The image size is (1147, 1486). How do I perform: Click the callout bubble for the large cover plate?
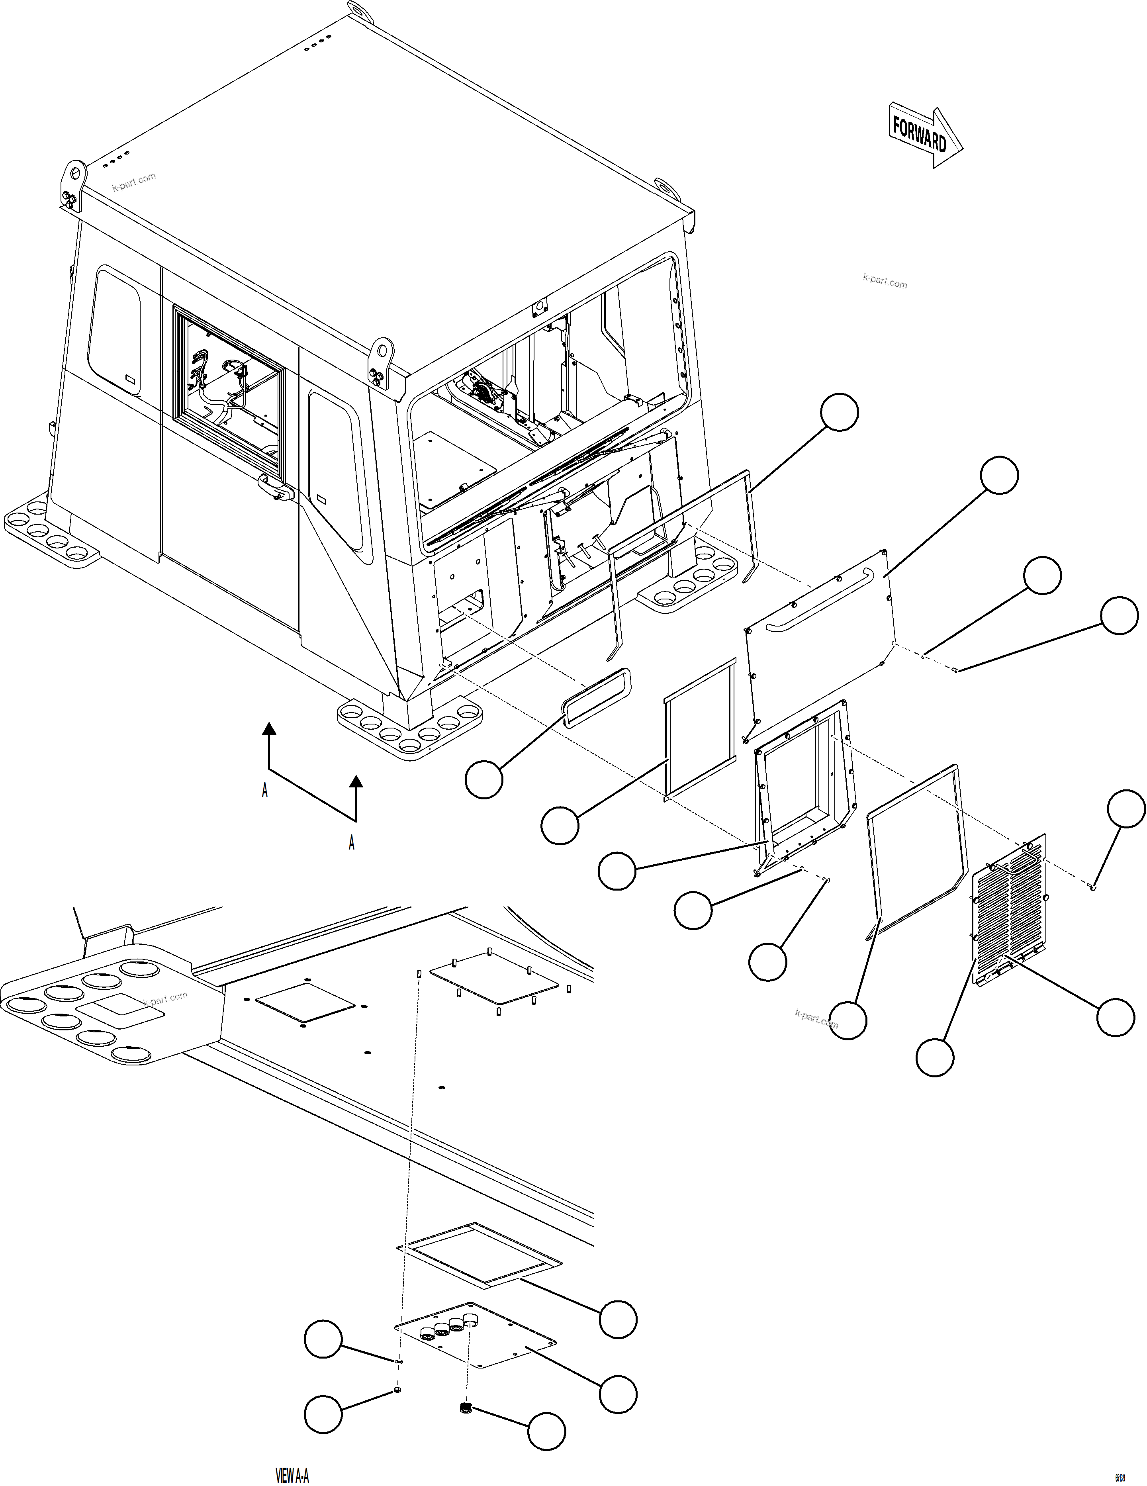[x=999, y=475]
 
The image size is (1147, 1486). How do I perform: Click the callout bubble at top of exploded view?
[x=839, y=412]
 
